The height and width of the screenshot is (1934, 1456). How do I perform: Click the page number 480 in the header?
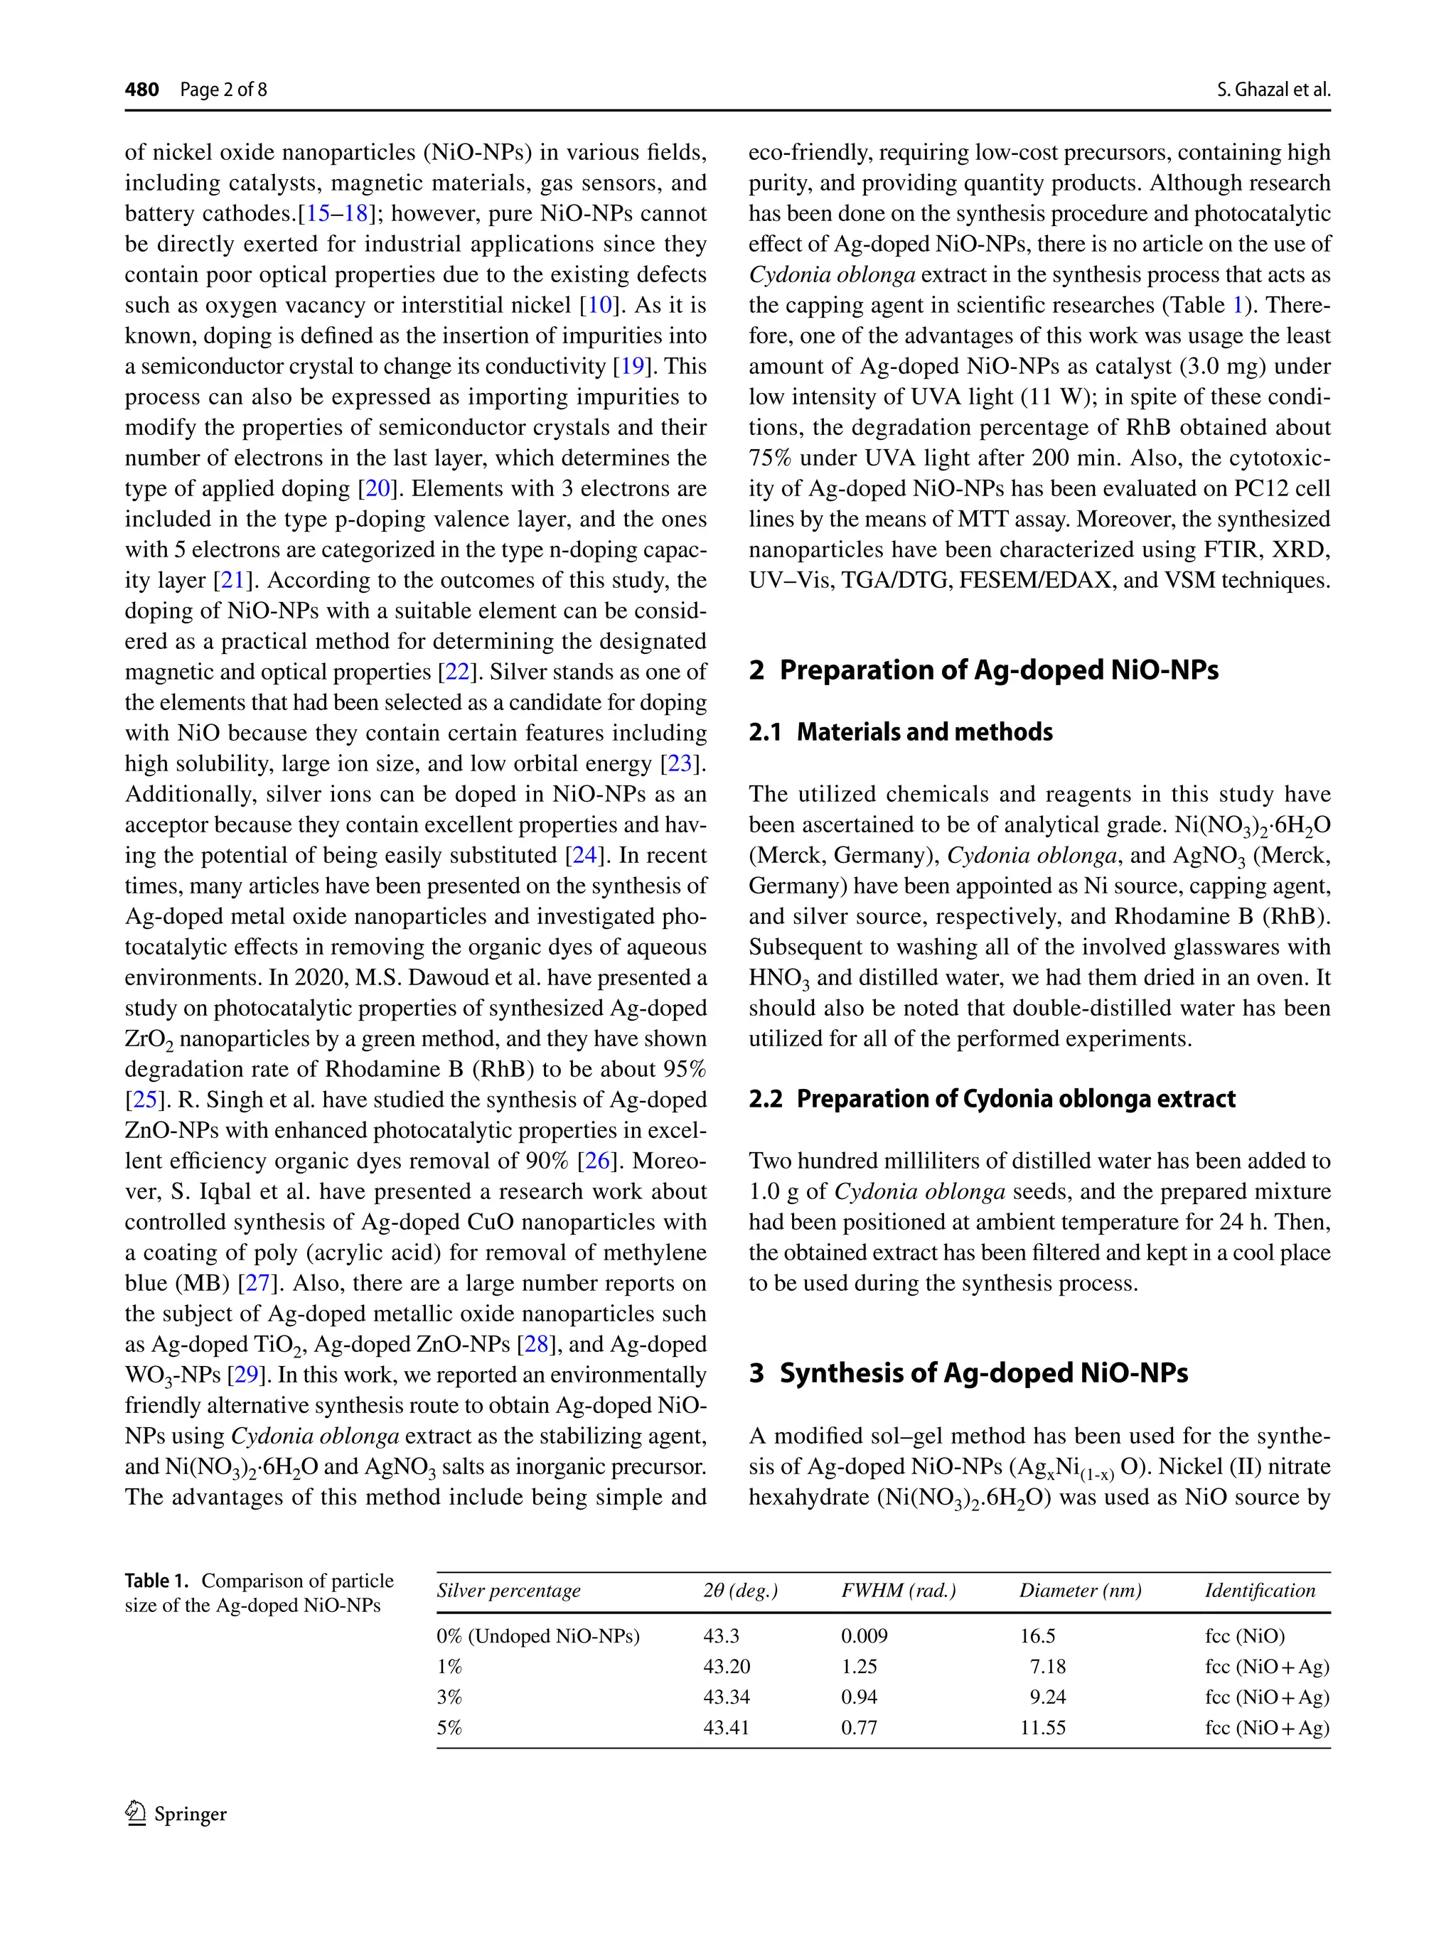pyautogui.click(x=141, y=89)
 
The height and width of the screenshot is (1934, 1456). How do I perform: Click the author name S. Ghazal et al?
pyautogui.click(x=1273, y=89)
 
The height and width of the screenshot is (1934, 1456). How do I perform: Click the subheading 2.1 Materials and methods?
pyautogui.click(x=900, y=732)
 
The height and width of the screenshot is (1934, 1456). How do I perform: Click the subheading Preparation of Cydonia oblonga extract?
pyautogui.click(x=992, y=1099)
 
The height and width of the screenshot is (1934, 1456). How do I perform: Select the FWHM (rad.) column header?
pyautogui.click(x=898, y=1591)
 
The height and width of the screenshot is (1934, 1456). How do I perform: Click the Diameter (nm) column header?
pyautogui.click(x=1080, y=1591)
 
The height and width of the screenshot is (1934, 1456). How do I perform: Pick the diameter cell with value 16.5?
pyautogui.click(x=1037, y=1636)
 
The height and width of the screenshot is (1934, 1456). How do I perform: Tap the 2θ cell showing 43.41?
pyautogui.click(x=726, y=1728)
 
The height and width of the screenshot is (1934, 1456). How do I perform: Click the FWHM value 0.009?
pyautogui.click(x=864, y=1636)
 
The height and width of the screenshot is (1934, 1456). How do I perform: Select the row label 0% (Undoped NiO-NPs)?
pyautogui.click(x=537, y=1636)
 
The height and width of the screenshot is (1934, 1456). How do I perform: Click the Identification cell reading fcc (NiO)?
pyautogui.click(x=1244, y=1636)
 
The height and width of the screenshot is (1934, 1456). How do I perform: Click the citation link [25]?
pyautogui.click(x=144, y=1100)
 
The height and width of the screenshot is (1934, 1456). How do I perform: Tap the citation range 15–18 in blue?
pyautogui.click(x=336, y=214)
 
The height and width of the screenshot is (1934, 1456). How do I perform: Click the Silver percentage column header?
pyautogui.click(x=508, y=1591)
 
